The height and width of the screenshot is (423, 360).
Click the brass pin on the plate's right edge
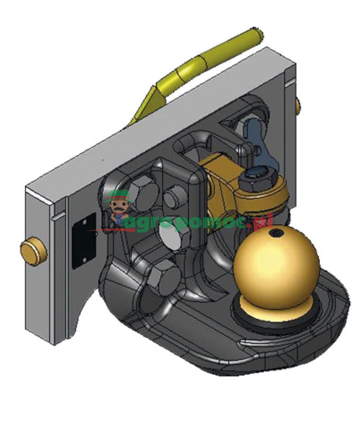coord(298,105)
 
